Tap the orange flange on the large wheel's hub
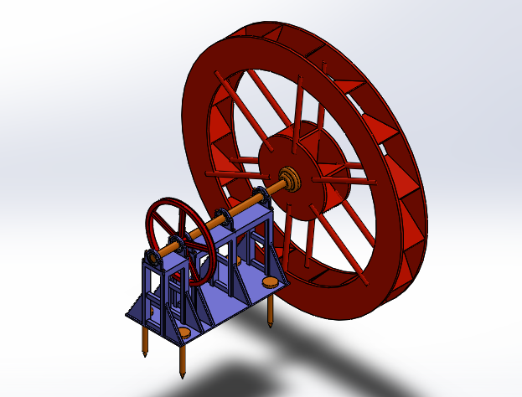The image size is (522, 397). pyautogui.click(x=290, y=178)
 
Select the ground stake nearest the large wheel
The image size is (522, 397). pyautogui.click(x=272, y=311)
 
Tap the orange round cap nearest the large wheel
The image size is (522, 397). pyautogui.click(x=271, y=282)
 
